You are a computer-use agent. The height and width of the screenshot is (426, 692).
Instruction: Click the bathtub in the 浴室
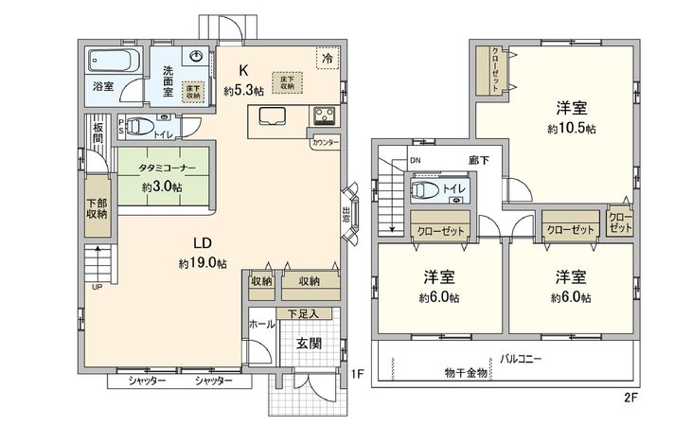[113, 62]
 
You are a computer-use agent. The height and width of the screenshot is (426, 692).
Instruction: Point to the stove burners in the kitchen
[324, 117]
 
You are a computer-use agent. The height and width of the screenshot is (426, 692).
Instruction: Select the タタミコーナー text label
[167, 167]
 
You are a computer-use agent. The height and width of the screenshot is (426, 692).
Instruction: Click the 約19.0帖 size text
[202, 263]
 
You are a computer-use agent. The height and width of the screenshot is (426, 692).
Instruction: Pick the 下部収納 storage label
[98, 208]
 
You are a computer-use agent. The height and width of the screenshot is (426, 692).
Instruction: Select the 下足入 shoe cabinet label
[302, 313]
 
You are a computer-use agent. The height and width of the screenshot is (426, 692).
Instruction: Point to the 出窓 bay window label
[346, 214]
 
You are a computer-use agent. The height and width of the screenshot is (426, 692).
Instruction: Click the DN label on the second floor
[416, 161]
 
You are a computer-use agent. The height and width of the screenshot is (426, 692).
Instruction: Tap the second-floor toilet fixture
[427, 190]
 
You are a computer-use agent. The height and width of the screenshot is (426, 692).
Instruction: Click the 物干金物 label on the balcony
[465, 373]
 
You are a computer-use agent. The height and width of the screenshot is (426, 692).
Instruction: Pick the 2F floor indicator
[631, 399]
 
